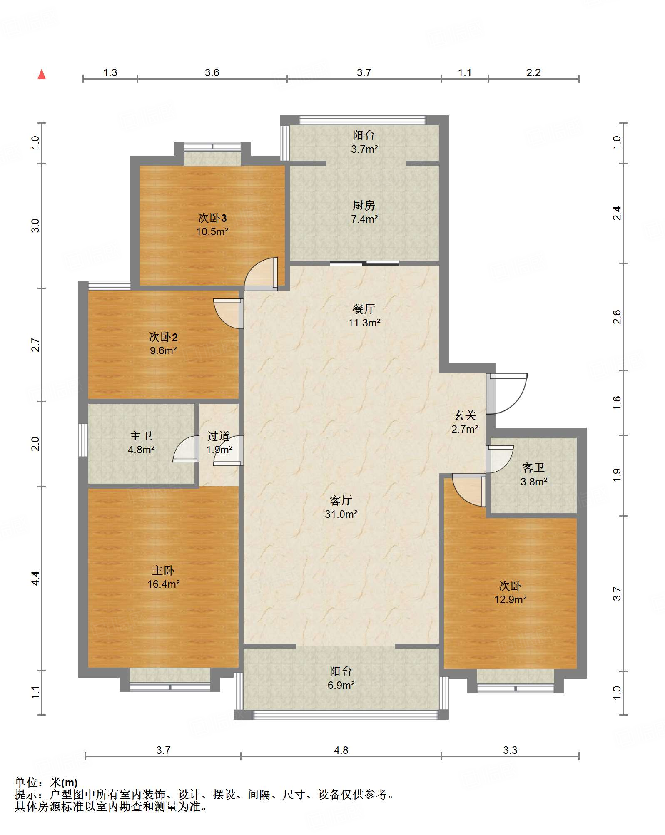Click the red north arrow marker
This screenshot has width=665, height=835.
coord(42,75)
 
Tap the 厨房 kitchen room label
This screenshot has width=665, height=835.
coord(364,212)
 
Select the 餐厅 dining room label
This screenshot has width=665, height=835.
coord(364,316)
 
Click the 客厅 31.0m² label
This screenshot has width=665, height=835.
coord(341,507)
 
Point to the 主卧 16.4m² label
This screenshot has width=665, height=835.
coord(163,577)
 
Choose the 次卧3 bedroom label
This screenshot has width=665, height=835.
coord(212,225)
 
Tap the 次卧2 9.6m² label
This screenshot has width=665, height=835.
coord(163,344)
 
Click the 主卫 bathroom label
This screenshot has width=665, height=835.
coord(141,442)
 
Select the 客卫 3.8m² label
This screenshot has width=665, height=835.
coord(533,475)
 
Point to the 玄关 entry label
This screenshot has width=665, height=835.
coord(465,422)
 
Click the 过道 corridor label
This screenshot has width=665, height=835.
coord(219,443)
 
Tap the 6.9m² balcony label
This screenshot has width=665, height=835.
coord(341,678)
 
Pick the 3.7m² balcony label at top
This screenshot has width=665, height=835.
coord(364,142)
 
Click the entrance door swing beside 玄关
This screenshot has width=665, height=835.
coord(508,393)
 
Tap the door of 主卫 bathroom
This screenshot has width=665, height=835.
coord(186,449)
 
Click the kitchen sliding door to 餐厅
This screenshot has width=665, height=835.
coord(364,263)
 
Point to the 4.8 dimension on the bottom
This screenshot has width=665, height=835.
coord(341,750)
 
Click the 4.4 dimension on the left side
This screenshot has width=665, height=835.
coord(35,578)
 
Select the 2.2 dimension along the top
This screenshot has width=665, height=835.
coord(533,73)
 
